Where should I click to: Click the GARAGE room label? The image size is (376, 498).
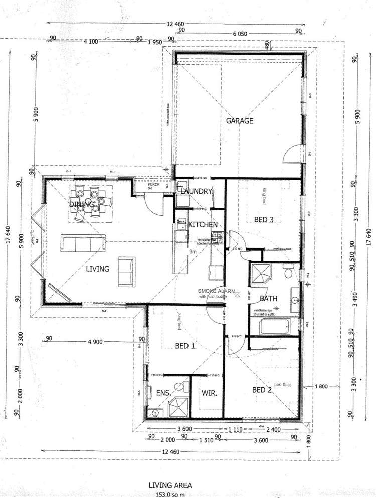pos(239,121)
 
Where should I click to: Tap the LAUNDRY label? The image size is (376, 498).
pos(195,191)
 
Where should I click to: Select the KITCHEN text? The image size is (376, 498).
pos(203,225)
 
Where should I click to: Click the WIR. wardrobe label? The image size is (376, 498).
pos(210,394)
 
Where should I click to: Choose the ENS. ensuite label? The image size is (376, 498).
pos(165,394)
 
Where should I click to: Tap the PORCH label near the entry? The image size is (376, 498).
pos(153,184)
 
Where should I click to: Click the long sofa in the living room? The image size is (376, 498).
pos(83,243)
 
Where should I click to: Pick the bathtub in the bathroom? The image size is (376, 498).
pos(274,329)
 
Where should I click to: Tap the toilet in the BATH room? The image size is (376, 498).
pos(288,273)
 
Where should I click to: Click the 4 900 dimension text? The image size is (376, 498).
pos(95,342)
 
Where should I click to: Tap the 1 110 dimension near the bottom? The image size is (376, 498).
pos(235,429)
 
